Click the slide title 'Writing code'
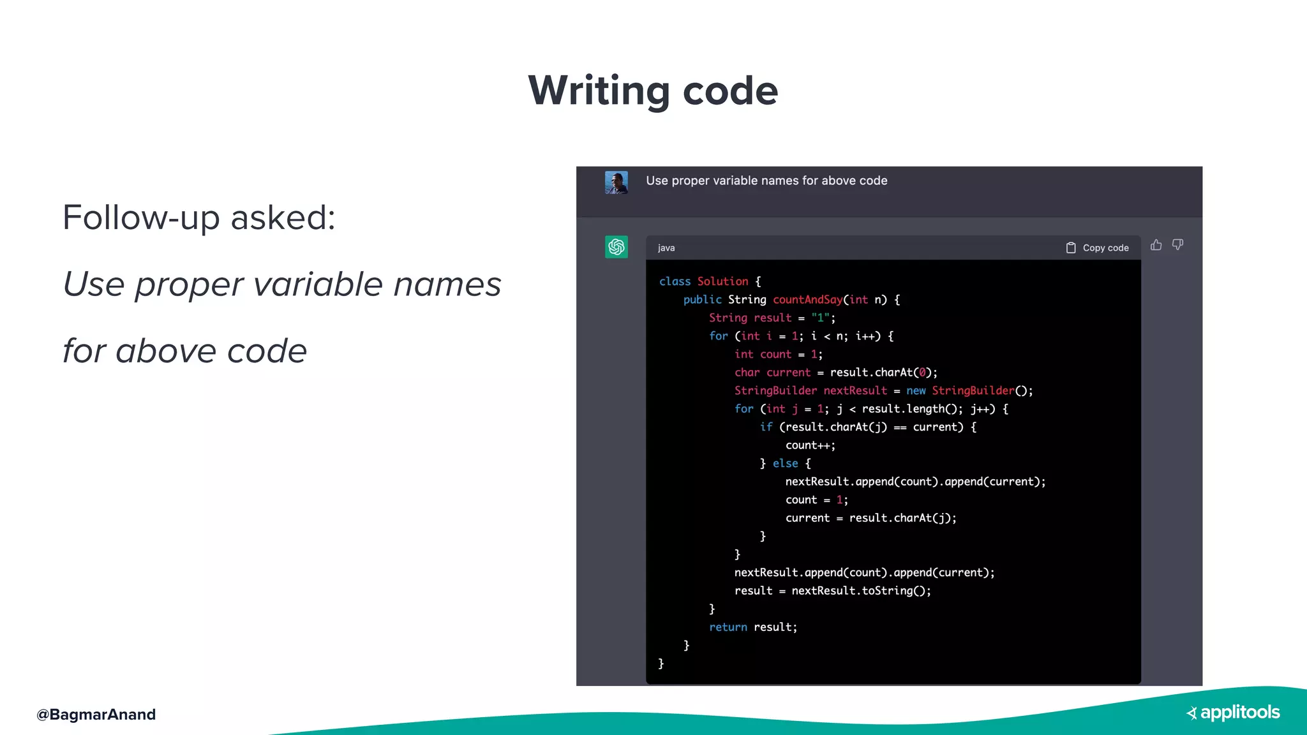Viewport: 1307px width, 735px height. point(653,90)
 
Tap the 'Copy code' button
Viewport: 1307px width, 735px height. point(1098,248)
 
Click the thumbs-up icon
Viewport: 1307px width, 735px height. point(1156,245)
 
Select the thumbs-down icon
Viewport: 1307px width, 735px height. point(1177,245)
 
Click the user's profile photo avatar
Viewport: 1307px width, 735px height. point(616,182)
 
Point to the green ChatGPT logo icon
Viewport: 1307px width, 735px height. point(616,247)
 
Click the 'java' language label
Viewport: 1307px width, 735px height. point(666,248)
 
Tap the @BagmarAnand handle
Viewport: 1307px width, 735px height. point(96,714)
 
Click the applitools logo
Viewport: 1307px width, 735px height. point(1233,713)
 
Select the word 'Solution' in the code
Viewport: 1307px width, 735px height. point(722,281)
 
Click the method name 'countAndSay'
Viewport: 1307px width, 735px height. point(807,300)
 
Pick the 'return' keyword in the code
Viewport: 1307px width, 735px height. point(728,627)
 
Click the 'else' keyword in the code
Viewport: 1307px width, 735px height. point(785,464)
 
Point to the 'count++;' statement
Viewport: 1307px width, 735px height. point(810,445)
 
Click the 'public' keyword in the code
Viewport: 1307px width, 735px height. point(702,300)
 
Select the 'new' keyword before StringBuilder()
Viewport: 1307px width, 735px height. point(916,390)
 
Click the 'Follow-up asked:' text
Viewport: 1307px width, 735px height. point(199,218)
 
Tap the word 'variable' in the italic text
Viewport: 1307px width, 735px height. point(318,284)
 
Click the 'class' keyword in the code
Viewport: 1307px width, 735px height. point(675,281)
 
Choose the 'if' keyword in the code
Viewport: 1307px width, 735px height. point(766,427)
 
